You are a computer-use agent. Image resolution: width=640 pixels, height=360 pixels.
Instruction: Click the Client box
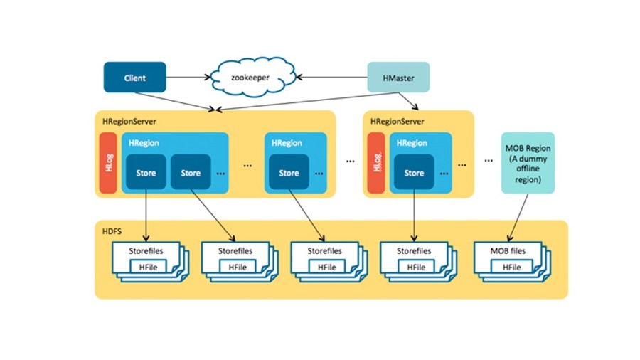pos(134,77)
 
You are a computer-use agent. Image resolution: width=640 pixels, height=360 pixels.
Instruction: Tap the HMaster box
pos(398,77)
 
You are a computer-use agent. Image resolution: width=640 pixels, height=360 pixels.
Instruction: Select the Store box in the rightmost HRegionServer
pos(414,173)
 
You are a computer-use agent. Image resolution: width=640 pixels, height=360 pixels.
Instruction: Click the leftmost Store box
pos(146,173)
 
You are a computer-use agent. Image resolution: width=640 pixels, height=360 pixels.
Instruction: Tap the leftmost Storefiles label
pos(146,251)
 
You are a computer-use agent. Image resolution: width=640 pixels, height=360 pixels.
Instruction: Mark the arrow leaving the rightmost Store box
pos(414,213)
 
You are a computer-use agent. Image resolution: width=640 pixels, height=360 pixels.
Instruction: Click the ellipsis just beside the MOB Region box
pos(489,161)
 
